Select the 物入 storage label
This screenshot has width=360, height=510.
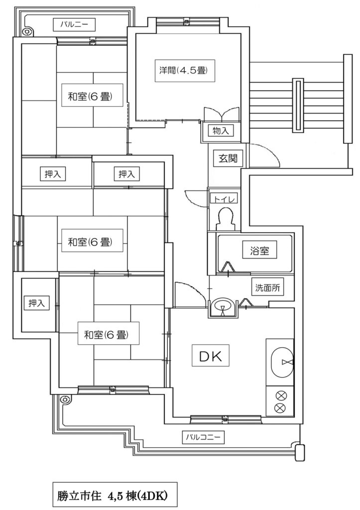click(221, 131)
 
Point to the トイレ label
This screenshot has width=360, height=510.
click(223, 198)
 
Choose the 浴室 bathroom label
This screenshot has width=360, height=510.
click(259, 251)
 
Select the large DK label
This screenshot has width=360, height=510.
click(214, 356)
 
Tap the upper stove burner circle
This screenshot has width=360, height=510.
click(280, 396)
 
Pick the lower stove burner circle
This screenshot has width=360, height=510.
click(280, 409)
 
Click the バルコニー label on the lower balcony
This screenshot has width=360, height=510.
click(202, 437)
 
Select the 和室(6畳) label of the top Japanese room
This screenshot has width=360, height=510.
click(89, 96)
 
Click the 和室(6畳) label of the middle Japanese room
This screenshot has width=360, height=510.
click(89, 242)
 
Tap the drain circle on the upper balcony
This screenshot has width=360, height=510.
click(27, 31)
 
